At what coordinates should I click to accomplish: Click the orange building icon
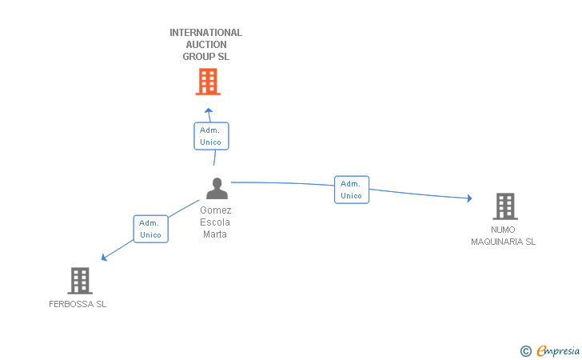(208, 82)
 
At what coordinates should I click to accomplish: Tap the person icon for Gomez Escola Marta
(217, 188)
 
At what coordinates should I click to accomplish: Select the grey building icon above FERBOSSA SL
(80, 281)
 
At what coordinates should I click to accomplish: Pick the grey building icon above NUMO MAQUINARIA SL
(505, 206)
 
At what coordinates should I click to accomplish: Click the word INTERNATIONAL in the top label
(205, 33)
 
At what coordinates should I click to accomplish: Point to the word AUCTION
(206, 45)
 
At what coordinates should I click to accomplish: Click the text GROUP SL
(205, 57)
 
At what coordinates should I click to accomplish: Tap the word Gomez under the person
(216, 210)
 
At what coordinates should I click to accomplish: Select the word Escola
(215, 222)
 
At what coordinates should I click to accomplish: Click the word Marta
(214, 234)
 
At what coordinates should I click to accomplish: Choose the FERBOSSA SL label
(78, 304)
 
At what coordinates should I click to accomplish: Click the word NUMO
(503, 230)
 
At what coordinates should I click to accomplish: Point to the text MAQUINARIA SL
(503, 242)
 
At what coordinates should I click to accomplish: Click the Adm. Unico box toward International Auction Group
(211, 136)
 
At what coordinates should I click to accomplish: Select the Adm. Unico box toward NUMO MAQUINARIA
(352, 190)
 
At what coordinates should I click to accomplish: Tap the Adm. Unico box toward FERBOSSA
(150, 229)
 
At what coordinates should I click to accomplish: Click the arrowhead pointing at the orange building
(209, 110)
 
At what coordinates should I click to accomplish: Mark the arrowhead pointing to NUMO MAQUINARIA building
(469, 198)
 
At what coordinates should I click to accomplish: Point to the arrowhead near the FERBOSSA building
(104, 258)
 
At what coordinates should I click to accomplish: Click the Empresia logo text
(558, 350)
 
